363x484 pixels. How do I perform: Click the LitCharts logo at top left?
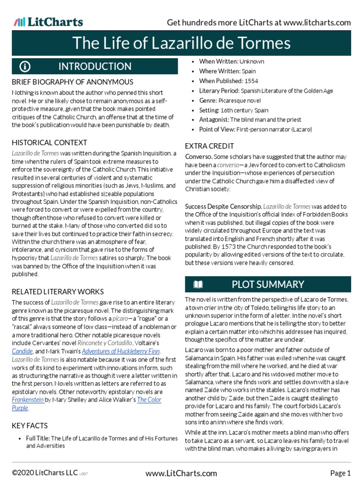tap(48, 22)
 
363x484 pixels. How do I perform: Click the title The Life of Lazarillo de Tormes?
tap(181, 43)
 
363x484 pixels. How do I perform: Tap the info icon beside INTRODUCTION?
tap(25, 66)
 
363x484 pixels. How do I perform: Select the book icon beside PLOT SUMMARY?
tap(198, 284)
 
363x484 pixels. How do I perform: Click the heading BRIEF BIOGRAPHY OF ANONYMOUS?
tap(72, 82)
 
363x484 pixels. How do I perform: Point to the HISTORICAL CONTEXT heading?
tap(49, 142)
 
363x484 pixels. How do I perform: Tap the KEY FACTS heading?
tap(29, 425)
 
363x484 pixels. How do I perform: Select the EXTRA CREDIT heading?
tap(209, 146)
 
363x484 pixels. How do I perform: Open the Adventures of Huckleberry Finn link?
tap(121, 351)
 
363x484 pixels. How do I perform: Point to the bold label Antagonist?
tap(214, 120)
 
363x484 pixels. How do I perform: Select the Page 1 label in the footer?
tap(340, 473)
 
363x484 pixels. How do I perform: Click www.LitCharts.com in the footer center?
tap(181, 473)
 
